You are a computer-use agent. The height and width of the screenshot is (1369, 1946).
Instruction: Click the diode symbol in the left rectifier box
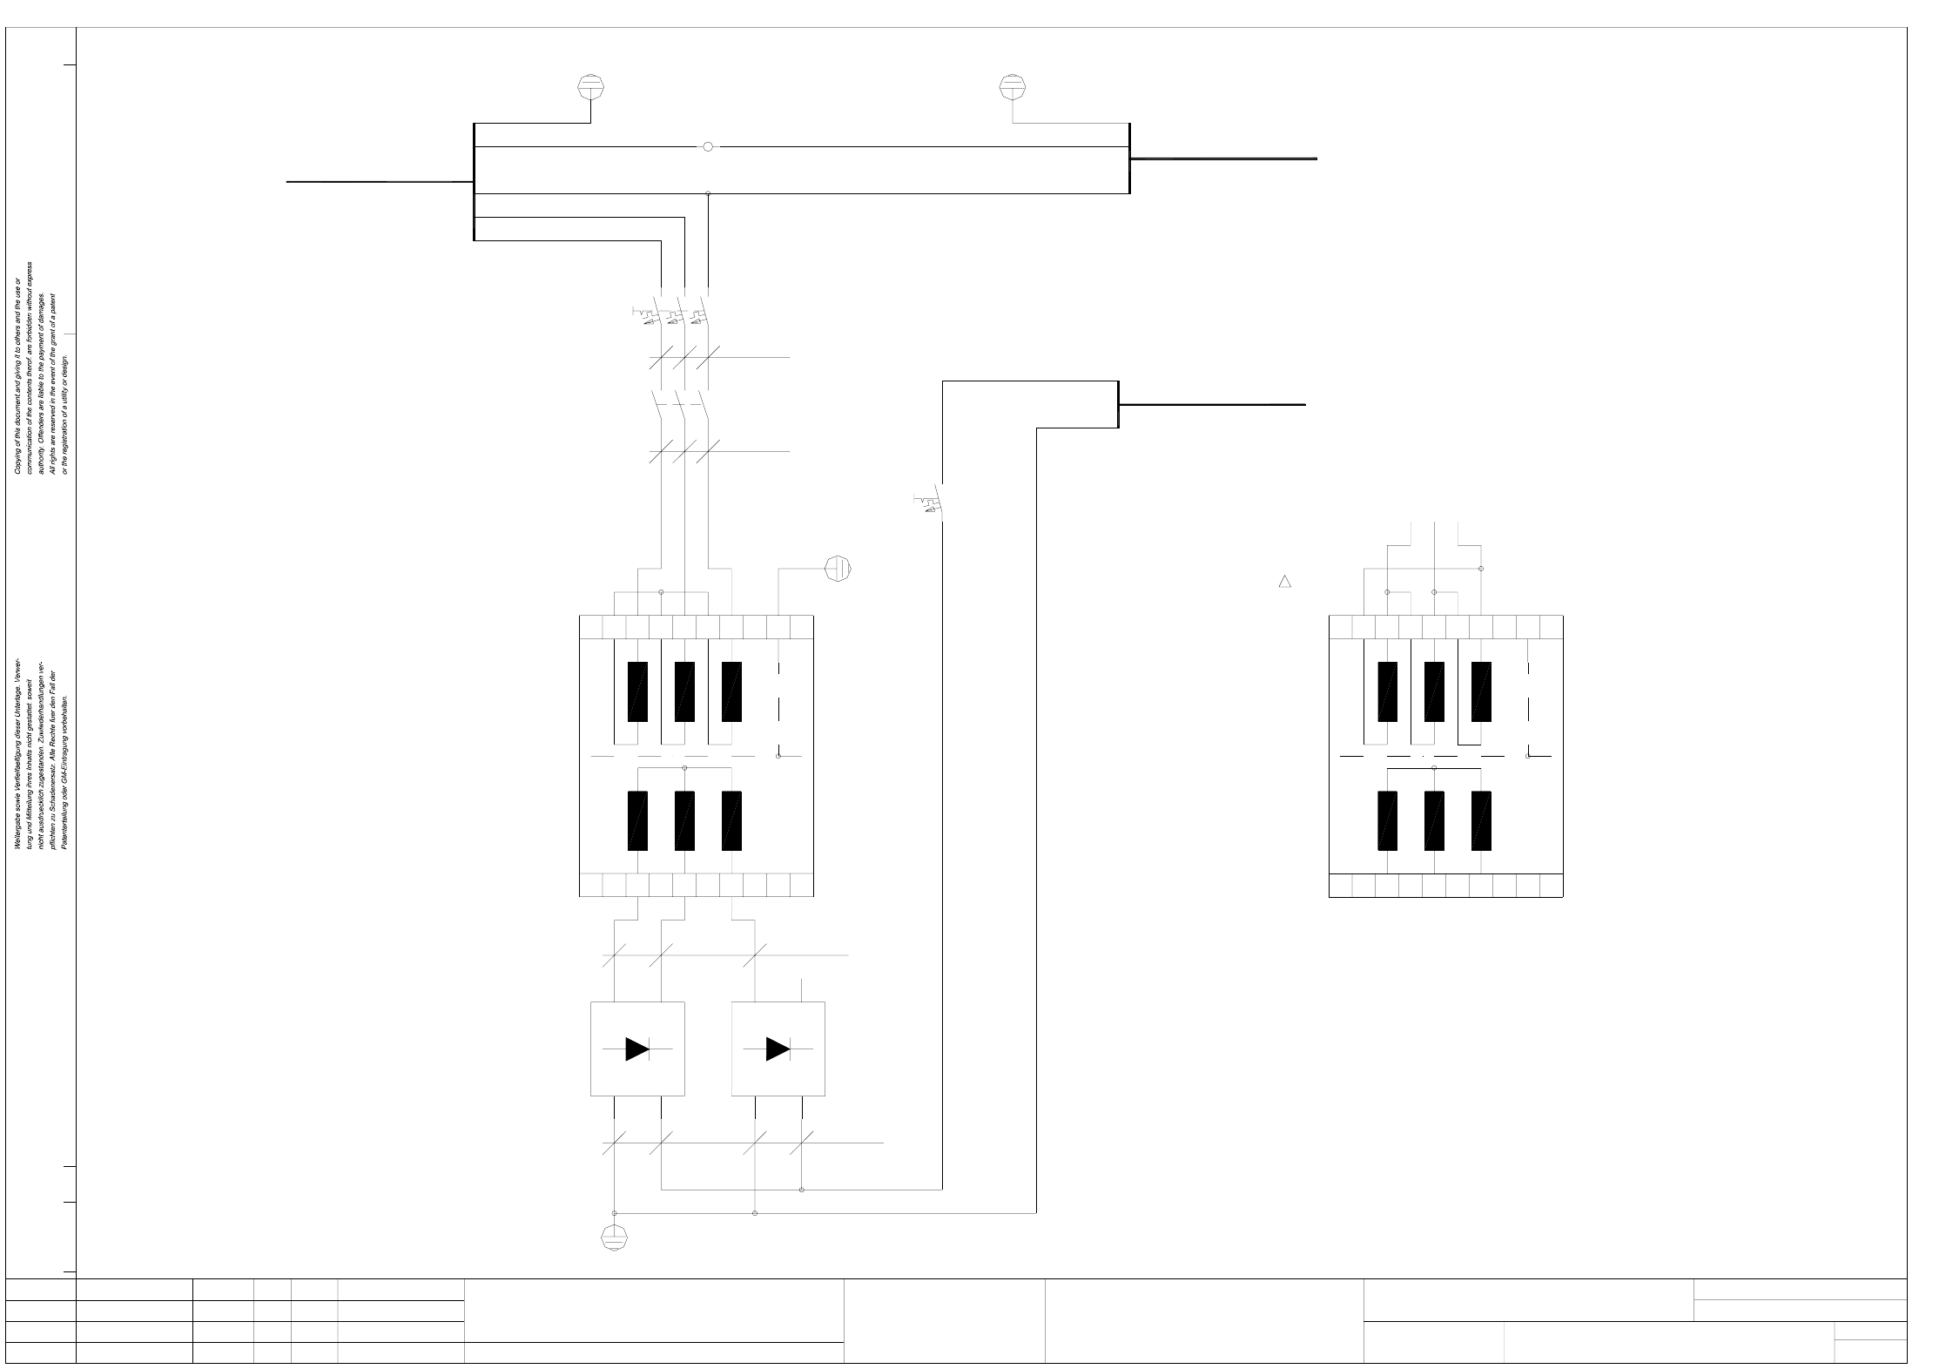coord(637,1049)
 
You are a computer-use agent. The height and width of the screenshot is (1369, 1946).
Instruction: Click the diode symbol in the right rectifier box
coord(778,1049)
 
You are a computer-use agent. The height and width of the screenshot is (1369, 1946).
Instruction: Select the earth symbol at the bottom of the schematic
coord(615,1237)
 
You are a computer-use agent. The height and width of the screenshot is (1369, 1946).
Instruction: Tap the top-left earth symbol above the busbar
coord(591,87)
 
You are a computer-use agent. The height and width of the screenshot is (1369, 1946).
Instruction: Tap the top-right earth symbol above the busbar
coord(1012,87)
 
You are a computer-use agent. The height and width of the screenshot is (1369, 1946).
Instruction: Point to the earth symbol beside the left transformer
coord(838,569)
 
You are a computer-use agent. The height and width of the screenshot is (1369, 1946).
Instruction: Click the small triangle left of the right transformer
coord(1284,581)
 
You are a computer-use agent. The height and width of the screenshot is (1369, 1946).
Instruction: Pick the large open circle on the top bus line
coord(708,147)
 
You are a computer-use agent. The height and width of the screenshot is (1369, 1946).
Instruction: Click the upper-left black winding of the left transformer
coord(637,691)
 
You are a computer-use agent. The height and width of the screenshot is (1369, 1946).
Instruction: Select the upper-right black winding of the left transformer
coord(731,691)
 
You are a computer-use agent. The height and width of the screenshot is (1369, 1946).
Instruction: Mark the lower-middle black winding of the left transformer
coord(684,820)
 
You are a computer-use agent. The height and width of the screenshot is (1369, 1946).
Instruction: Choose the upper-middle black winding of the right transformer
coord(1434,691)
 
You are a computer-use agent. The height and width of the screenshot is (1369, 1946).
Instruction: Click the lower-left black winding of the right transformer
coord(1387,820)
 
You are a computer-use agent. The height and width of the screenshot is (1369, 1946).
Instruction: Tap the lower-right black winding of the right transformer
coord(1481,820)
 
